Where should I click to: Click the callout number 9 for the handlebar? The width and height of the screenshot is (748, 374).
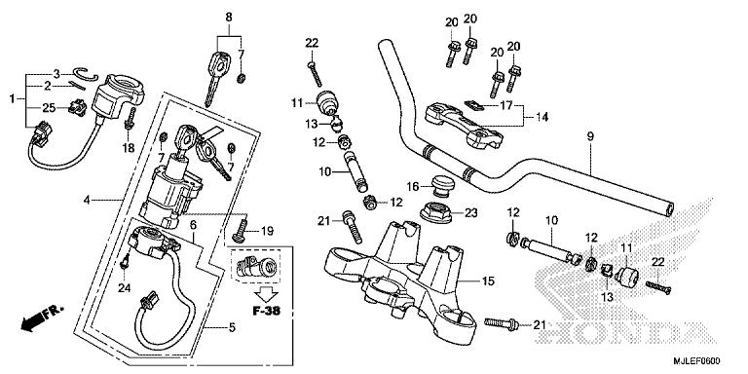tap(591, 137)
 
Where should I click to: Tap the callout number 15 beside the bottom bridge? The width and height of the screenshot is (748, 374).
tap(489, 281)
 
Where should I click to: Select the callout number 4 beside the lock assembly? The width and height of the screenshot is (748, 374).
tap(88, 201)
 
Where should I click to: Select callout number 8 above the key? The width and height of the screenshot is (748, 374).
tap(229, 17)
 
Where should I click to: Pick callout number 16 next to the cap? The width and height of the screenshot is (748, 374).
tap(413, 186)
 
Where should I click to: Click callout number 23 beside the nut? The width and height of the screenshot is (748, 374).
tap(471, 212)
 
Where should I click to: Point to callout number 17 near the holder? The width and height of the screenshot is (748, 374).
tap(505, 104)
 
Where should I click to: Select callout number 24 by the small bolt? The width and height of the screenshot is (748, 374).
tap(124, 287)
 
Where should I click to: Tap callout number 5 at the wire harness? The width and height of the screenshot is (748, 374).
tap(232, 327)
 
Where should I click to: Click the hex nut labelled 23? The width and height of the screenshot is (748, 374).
tap(438, 211)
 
